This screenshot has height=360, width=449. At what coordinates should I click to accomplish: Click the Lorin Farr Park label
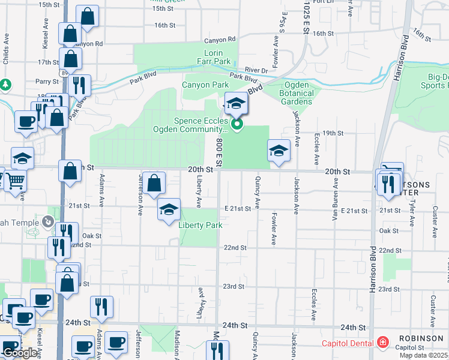coord(214,58)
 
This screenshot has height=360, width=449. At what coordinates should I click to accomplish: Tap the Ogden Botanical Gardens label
coord(297,93)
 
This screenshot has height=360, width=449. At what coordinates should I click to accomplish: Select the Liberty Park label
coord(200,225)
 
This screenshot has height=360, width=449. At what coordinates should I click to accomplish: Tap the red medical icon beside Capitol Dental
coord(382,343)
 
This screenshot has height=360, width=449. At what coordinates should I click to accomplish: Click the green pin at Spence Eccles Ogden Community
coord(237,124)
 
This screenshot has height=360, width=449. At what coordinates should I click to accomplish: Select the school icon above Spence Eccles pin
coord(236,104)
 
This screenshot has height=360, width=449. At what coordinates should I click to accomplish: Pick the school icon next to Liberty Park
coord(169,209)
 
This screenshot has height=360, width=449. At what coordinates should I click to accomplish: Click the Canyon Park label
coord(205,85)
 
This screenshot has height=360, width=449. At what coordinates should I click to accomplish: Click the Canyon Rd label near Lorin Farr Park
coord(220,40)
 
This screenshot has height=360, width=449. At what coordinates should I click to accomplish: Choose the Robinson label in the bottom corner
coord(424,338)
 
